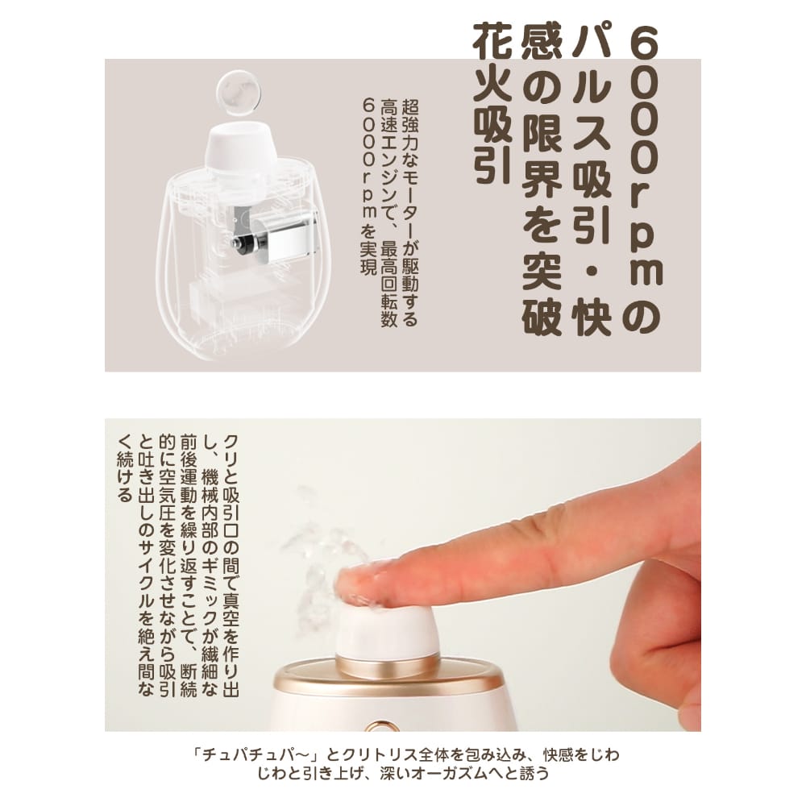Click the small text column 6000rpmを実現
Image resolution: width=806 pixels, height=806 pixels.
click(x=370, y=185)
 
